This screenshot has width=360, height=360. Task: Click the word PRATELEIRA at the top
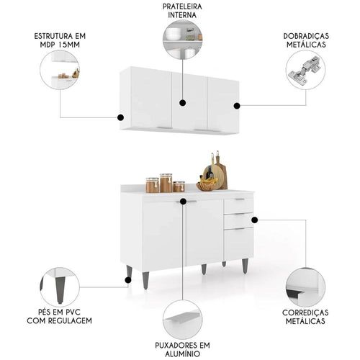click(182, 6)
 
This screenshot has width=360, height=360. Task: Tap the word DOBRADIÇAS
click(306, 36)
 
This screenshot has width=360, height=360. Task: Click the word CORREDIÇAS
click(305, 312)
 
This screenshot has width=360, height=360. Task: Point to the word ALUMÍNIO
click(182, 354)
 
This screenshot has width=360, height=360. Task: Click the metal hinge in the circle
click(305, 68)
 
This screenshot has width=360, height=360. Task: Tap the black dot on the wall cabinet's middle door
click(183, 103)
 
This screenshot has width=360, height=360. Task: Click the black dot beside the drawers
click(254, 220)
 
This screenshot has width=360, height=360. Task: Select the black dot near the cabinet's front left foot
click(128, 280)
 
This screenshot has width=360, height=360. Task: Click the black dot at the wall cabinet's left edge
click(120, 117)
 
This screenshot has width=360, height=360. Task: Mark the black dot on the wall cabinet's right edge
click(237, 106)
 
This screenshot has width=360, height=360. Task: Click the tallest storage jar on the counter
click(166, 183)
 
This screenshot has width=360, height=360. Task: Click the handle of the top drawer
click(240, 199)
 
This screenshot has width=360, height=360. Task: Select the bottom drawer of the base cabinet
click(238, 244)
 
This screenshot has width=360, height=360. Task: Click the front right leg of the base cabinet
click(245, 266)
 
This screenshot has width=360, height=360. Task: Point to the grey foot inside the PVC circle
click(60, 289)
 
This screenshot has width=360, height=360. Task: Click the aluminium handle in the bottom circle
click(183, 318)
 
